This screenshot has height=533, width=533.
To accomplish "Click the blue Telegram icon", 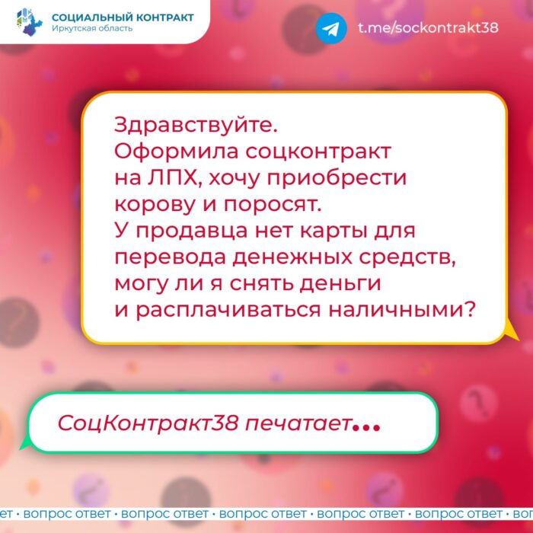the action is click(331, 28).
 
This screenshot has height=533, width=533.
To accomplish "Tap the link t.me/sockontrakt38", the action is click(428, 27).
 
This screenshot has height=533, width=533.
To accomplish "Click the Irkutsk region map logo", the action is click(30, 22).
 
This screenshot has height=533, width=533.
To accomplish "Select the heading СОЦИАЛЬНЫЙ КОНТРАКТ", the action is click(123, 17).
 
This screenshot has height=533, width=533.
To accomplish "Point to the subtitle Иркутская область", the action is click(92, 28).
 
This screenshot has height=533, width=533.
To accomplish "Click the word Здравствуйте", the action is click(196, 126).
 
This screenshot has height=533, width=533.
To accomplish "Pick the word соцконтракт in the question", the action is click(318, 152).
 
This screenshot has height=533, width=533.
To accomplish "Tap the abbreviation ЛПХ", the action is click(174, 177).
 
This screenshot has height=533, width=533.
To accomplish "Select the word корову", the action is click(155, 205).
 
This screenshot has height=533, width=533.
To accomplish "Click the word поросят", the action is click(273, 205).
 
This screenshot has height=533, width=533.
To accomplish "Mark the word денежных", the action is click(292, 257).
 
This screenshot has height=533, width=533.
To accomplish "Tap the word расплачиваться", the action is click(228, 311).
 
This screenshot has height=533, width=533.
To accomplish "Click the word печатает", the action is click(298, 424).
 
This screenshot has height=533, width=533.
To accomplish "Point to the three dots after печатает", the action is click(366, 427).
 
